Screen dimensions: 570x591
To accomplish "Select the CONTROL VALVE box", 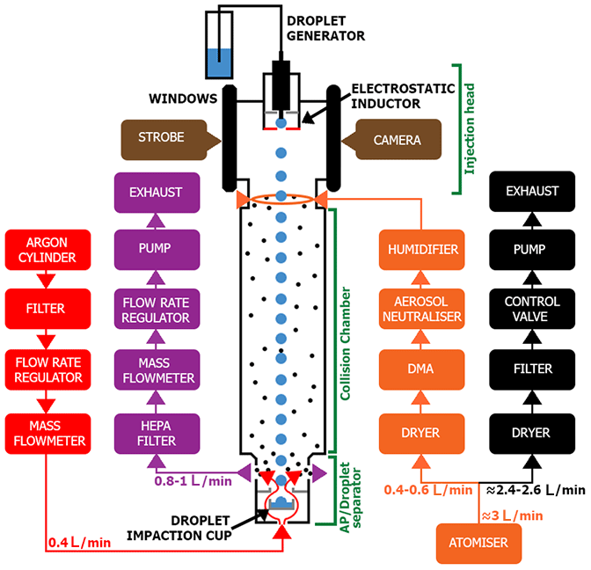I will pyautogui.click(x=531, y=309).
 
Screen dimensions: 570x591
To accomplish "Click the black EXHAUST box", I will pyautogui.click(x=531, y=191).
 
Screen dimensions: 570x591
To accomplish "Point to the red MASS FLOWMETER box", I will pyautogui.click(x=47, y=432).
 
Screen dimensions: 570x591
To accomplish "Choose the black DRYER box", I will pyautogui.click(x=531, y=432).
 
